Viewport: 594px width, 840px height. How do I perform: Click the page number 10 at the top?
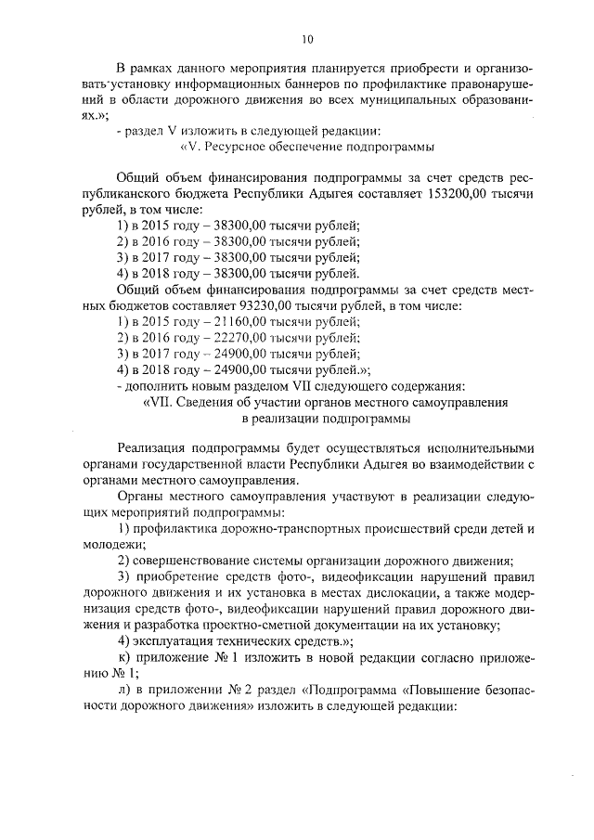click(x=307, y=39)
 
